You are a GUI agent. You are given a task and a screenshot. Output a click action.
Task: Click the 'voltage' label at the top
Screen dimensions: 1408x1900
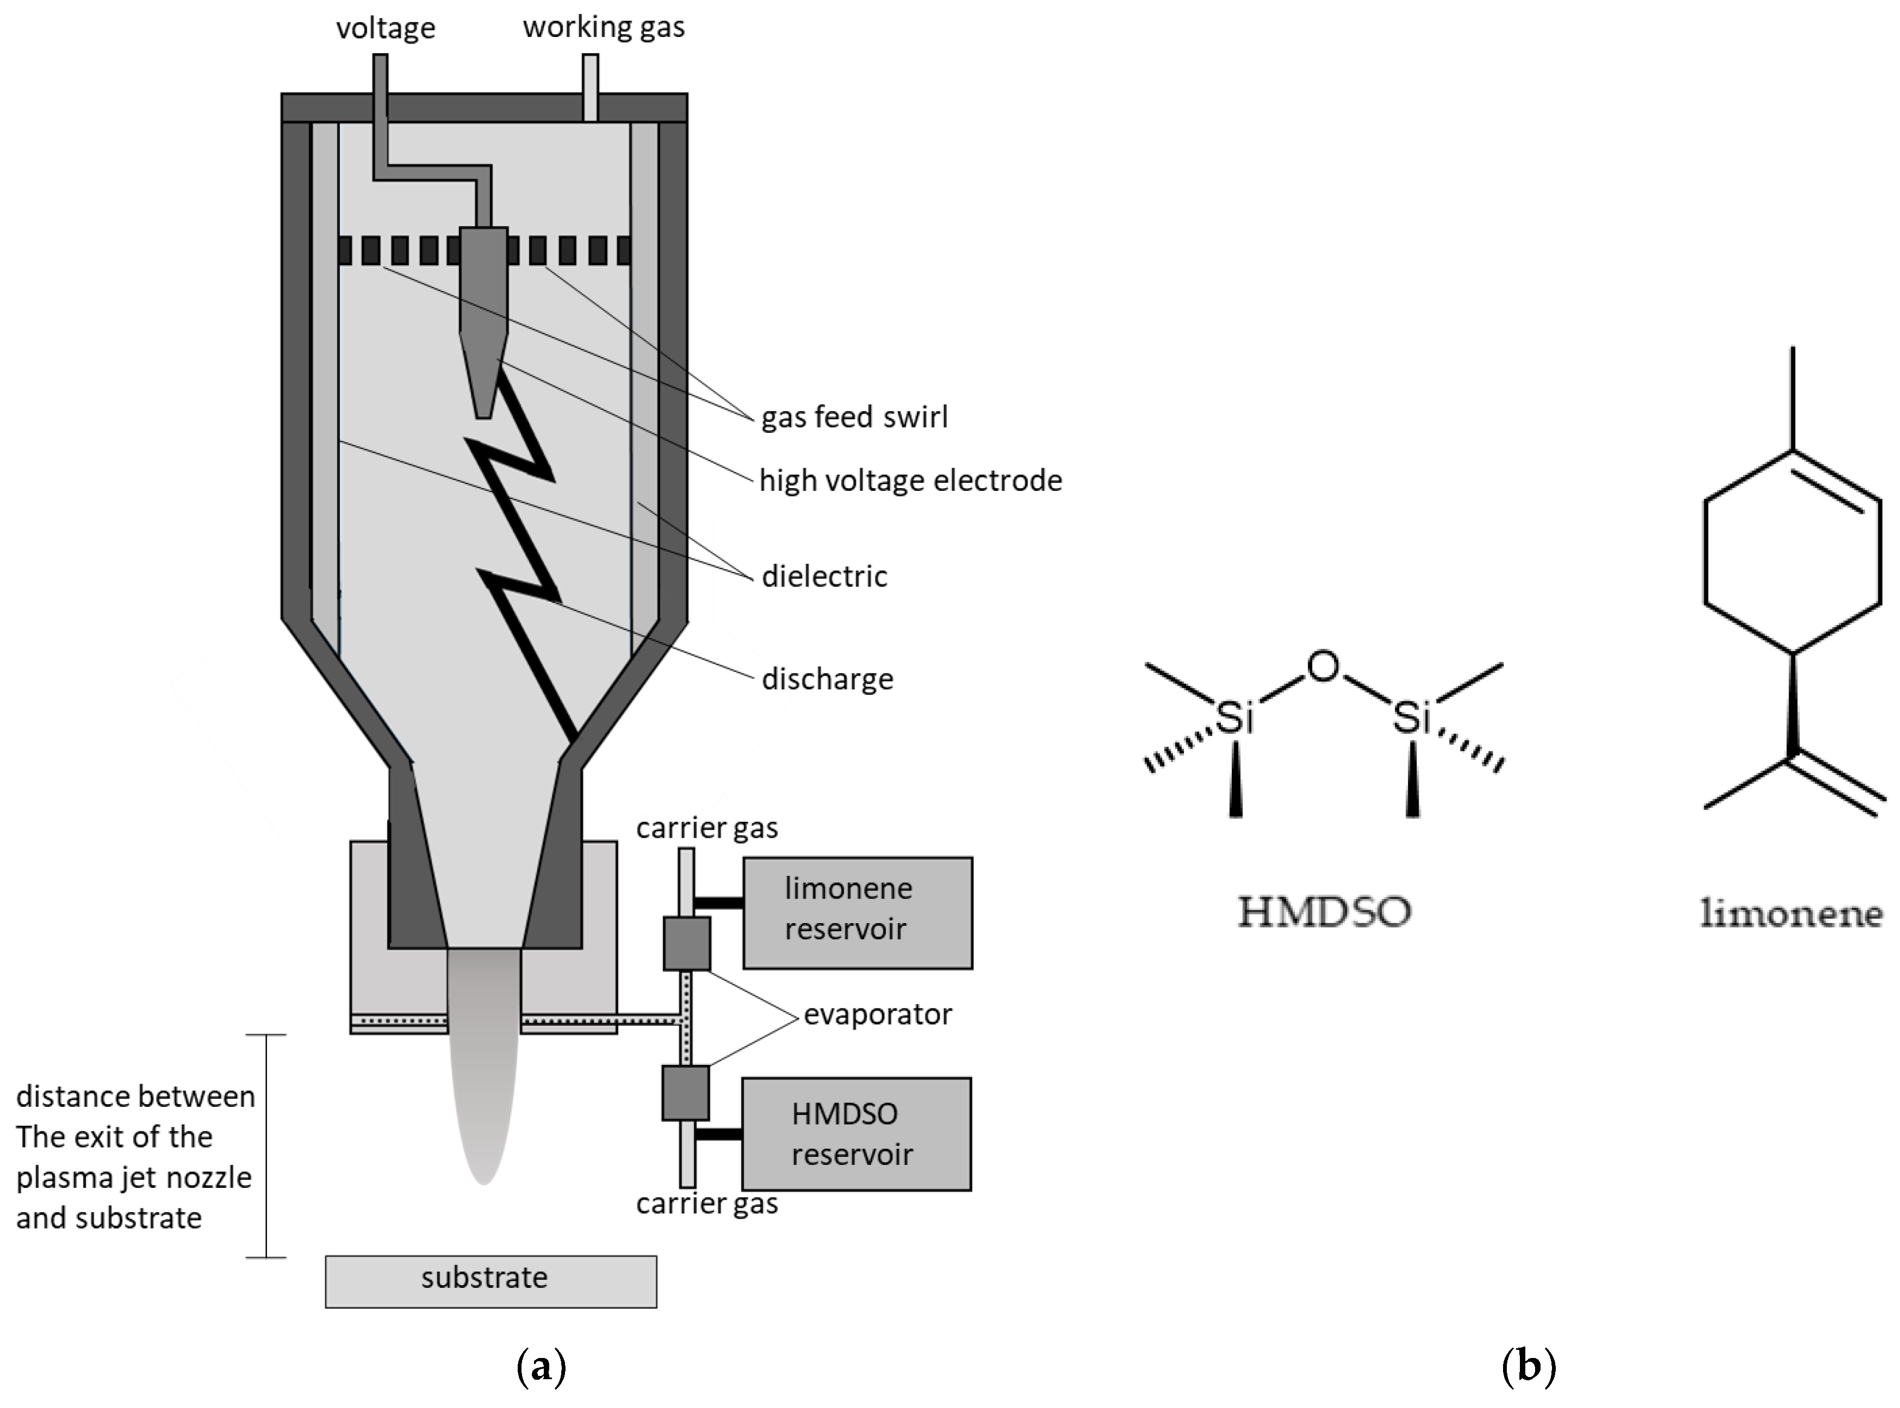pyautogui.click(x=386, y=28)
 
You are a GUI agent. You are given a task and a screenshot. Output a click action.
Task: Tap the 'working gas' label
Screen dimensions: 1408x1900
pyautogui.click(x=604, y=27)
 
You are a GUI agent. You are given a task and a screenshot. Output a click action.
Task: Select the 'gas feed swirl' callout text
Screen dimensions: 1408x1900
pyautogui.click(x=854, y=417)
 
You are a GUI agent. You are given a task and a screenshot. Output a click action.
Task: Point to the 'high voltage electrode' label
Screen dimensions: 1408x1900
pyautogui.click(x=910, y=481)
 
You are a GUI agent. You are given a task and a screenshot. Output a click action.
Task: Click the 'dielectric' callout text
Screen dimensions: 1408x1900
pyautogui.click(x=824, y=577)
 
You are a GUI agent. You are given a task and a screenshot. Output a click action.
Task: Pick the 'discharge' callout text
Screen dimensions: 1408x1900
pyautogui.click(x=827, y=680)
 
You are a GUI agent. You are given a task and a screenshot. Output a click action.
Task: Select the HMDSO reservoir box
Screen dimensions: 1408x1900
pyautogui.click(x=856, y=1133)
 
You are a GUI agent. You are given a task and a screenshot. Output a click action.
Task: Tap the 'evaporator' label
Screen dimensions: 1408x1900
pyautogui.click(x=877, y=1014)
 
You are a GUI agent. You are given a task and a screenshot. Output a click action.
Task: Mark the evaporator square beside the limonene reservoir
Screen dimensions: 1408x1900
pyautogui.click(x=687, y=944)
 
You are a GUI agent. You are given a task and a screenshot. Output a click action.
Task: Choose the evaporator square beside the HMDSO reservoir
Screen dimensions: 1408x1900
pyautogui.click(x=685, y=1093)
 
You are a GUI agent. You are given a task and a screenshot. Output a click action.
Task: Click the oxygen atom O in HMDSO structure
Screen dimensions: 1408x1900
pyautogui.click(x=1323, y=666)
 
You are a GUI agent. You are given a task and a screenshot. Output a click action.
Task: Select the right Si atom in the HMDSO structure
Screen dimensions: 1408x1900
pyautogui.click(x=1412, y=718)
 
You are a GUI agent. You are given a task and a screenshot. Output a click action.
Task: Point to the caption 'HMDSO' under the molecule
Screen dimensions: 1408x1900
pyautogui.click(x=1324, y=913)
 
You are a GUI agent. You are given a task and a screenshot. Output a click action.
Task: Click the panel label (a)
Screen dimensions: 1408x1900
pyautogui.click(x=541, y=1367)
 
